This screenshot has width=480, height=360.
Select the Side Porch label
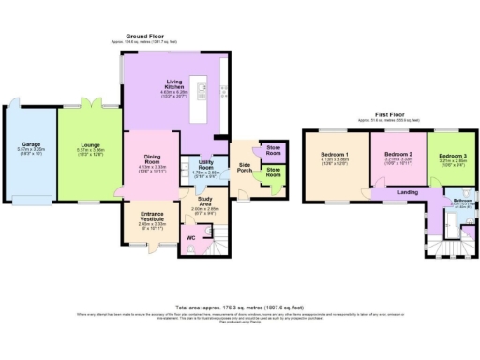point(244,165)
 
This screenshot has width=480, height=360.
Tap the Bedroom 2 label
point(399,154)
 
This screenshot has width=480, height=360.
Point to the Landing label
point(407,192)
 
